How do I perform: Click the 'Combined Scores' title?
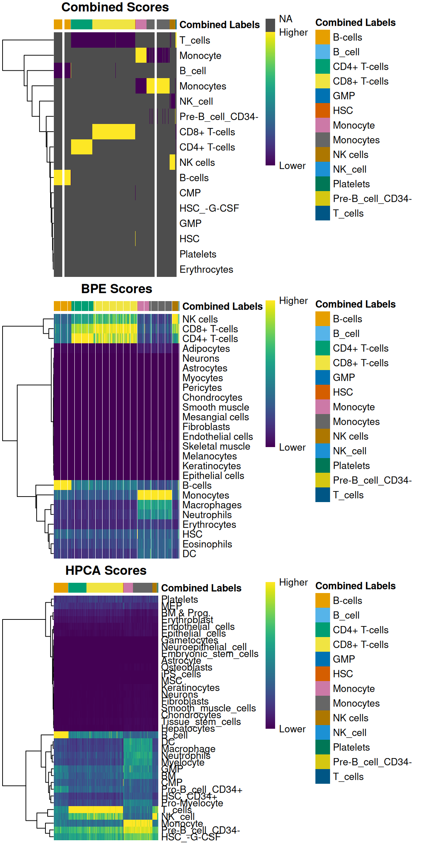pos(115,7)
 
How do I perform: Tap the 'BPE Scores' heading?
pos(116,289)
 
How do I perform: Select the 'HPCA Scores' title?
pos(106,571)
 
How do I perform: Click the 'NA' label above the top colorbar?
pos(286,19)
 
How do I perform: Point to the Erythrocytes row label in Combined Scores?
pos(206,270)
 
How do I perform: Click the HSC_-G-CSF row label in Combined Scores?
pos(209,208)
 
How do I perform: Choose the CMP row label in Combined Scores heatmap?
pos(190,193)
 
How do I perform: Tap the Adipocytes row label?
pos(206,348)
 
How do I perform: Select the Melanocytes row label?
pos(210,456)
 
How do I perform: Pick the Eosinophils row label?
pos(207,544)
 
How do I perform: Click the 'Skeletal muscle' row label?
pos(216,446)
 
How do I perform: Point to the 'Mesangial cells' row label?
pos(216,417)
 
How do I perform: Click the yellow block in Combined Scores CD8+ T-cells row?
pos(114,132)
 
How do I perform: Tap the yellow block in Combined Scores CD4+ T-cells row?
pos(81,147)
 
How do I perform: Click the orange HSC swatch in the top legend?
pos(323,110)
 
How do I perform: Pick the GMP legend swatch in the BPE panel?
pos(323,377)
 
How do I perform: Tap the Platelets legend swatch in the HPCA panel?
pos(323,747)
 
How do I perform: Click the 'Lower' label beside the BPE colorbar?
pos(292,447)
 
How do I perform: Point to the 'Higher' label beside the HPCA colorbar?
pos(293,582)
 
